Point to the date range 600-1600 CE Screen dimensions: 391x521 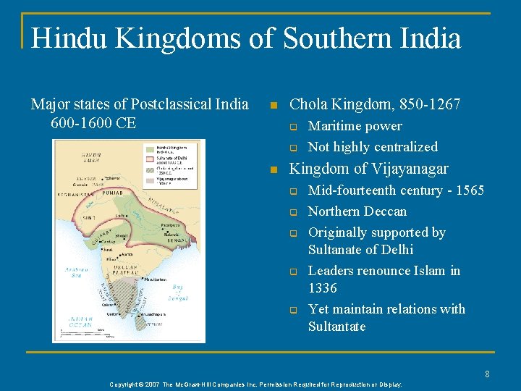coord(93,123)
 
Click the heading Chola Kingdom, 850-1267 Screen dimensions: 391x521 coord(375,104)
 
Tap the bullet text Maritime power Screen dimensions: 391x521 coord(355,126)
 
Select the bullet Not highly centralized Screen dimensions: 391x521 coord(373,147)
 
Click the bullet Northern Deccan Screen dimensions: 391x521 coord(357,211)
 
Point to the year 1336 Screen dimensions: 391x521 coord(323,288)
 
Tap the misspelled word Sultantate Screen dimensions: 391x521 coord(337,327)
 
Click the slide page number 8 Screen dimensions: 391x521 coord(488,374)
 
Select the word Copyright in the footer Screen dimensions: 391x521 coord(127,384)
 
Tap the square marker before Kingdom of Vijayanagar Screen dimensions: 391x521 coord(273,170)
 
